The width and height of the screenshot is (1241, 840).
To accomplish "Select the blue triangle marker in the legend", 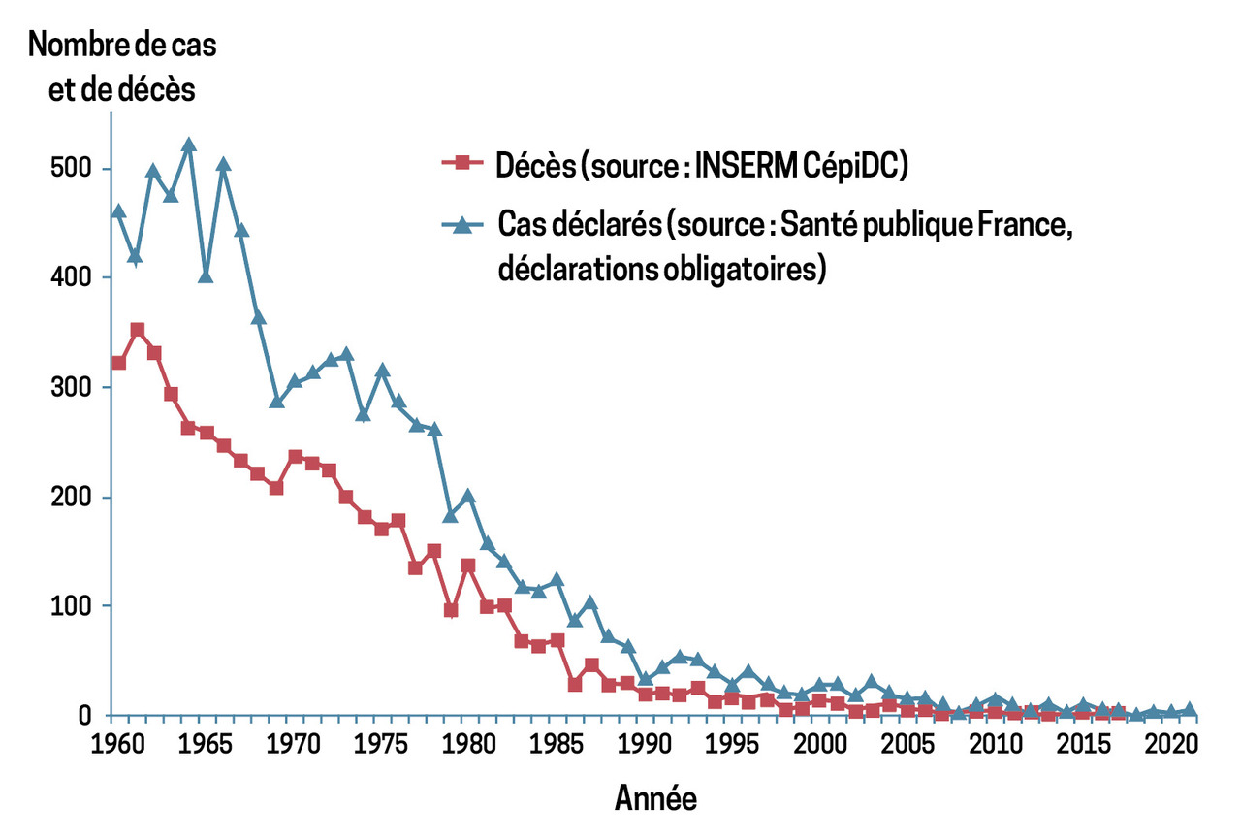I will coord(462,225).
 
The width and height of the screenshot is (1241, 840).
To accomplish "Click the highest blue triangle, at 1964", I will coord(189,145).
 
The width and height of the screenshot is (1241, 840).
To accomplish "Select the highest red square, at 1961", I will coord(137,330).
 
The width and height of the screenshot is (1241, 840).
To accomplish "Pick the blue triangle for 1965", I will coord(206,275).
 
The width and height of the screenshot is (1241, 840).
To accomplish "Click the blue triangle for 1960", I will coord(118,210).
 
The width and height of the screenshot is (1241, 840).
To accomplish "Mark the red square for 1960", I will coord(118,363).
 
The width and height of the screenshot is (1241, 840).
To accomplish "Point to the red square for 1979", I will coord(451,610).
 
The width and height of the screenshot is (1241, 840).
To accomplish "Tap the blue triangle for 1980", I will coord(468,496).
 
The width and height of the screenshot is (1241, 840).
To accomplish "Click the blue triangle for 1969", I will coord(276,401).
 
